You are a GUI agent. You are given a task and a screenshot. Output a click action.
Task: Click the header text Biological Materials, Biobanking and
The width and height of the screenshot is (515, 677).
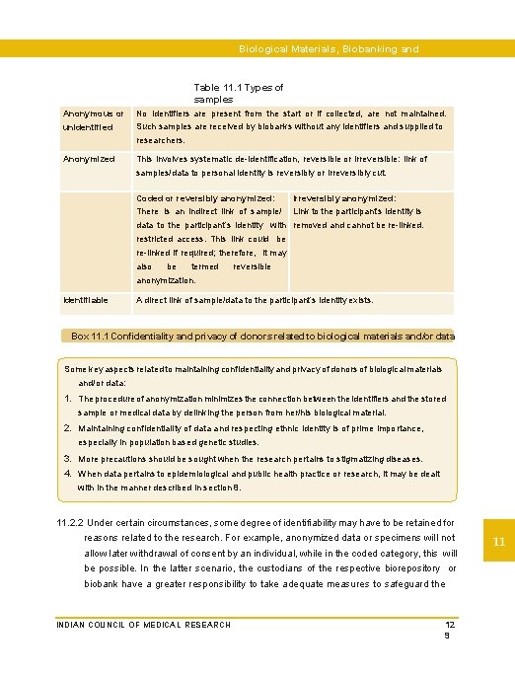click(x=329, y=48)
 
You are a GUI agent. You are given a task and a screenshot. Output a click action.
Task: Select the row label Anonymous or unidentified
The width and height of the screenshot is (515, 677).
click(x=94, y=120)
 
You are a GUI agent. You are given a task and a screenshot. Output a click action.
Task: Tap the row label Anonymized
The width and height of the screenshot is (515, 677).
click(x=89, y=159)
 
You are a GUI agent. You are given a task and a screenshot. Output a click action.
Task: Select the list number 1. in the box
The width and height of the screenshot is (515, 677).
click(x=69, y=399)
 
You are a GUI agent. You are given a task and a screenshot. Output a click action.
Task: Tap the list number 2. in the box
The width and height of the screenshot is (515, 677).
click(x=69, y=428)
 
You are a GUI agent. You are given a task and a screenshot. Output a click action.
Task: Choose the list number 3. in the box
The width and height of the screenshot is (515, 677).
click(x=69, y=459)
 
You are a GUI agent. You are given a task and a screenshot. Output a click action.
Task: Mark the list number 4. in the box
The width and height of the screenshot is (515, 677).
click(x=69, y=474)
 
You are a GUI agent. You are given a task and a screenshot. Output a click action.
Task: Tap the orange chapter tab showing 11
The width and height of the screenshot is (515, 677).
click(x=499, y=542)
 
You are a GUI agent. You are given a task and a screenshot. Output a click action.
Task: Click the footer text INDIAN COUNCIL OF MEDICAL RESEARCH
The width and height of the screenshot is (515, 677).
click(x=143, y=625)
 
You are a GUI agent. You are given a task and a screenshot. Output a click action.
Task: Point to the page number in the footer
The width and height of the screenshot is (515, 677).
click(x=450, y=631)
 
